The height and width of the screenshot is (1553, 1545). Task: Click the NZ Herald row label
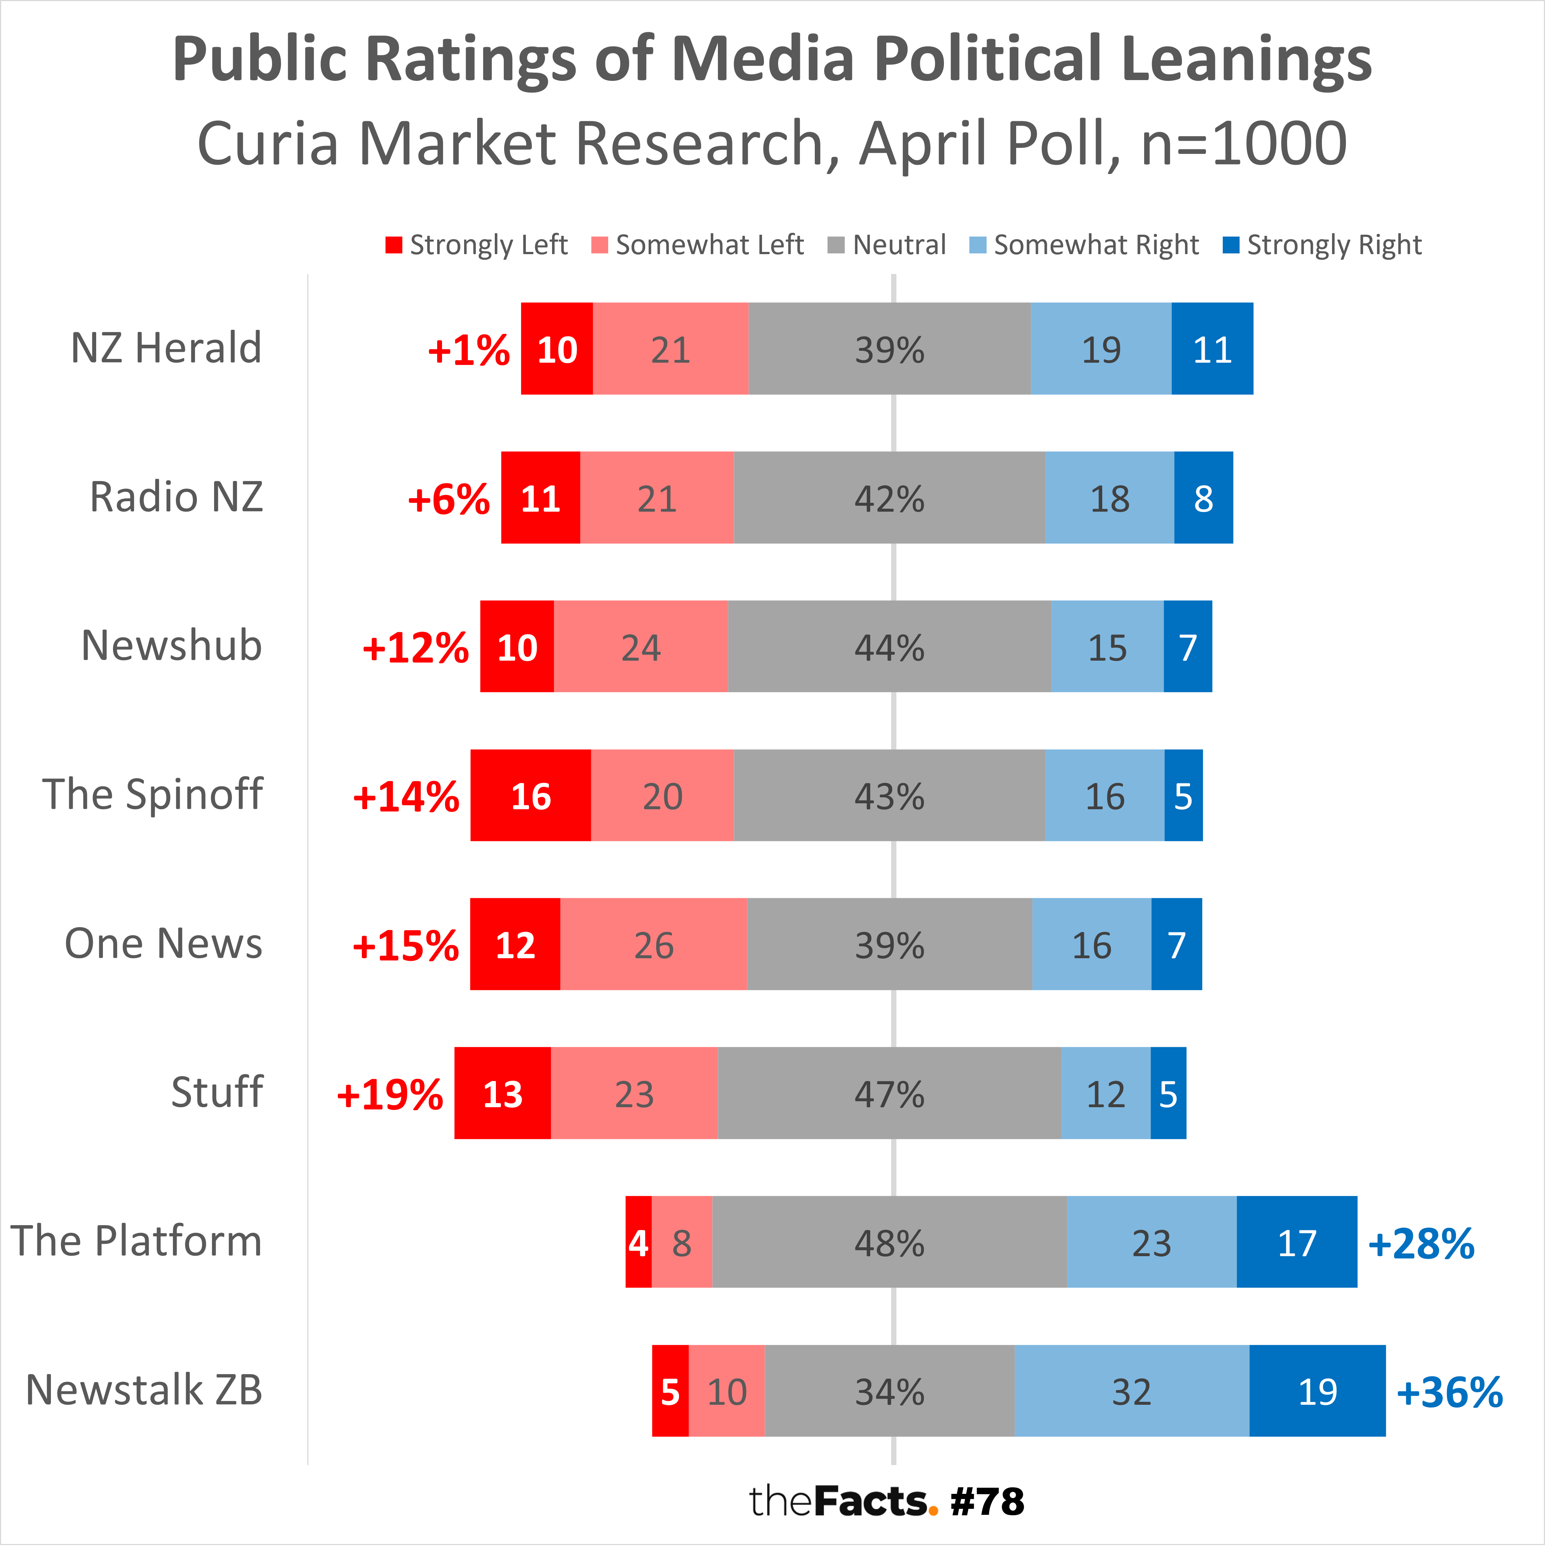tap(167, 348)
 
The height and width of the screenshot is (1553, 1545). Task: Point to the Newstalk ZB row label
tap(145, 1390)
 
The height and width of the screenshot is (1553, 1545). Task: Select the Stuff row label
tap(217, 1092)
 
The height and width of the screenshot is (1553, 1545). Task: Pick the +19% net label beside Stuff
tap(390, 1094)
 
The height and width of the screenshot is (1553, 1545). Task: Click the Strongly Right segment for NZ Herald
tap(1212, 349)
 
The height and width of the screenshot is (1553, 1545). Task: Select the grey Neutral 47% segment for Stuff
tap(889, 1093)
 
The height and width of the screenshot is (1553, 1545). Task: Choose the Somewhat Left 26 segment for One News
tap(653, 944)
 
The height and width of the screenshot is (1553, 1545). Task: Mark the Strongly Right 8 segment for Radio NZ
tap(1203, 497)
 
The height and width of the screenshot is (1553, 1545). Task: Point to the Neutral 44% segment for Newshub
tap(889, 646)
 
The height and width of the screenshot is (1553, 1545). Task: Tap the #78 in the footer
tap(987, 1502)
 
